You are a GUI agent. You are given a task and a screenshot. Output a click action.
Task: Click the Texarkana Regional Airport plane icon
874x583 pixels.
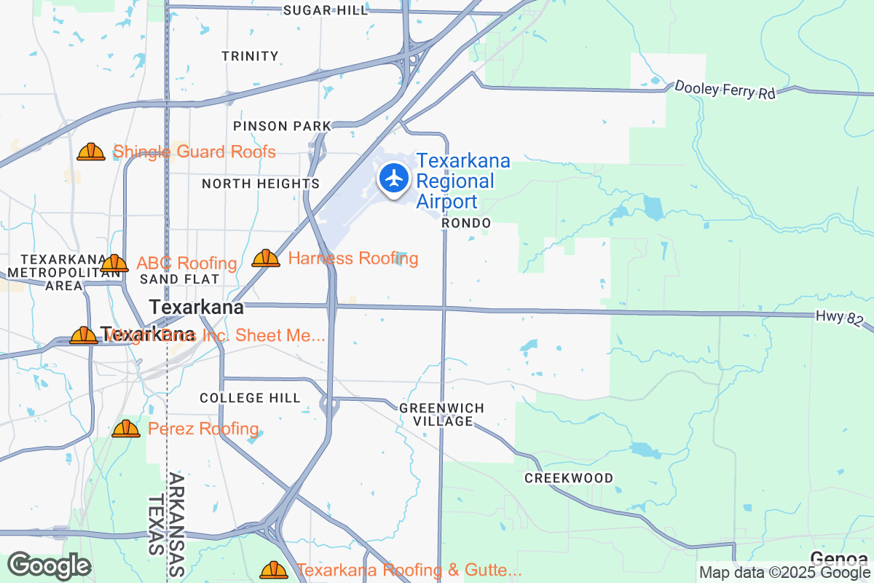point(394,177)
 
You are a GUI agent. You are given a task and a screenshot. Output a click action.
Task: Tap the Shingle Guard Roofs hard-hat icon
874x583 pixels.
point(91,152)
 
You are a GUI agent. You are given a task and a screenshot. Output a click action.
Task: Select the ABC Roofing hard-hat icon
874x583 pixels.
point(114,263)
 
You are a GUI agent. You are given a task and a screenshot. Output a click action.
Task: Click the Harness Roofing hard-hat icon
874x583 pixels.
point(266,258)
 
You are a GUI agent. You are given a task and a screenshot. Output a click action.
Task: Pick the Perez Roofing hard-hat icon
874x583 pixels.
point(126,429)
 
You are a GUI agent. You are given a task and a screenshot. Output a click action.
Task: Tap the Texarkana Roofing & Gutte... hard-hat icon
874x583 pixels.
point(274,569)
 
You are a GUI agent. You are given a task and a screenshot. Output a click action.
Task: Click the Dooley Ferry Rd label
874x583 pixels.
point(725,90)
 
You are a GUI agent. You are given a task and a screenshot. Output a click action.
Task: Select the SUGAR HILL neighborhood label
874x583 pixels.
point(326,10)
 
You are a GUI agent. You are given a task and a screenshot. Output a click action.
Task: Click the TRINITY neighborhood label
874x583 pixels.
point(250,56)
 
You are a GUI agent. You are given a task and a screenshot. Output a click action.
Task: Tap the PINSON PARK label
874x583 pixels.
point(282,126)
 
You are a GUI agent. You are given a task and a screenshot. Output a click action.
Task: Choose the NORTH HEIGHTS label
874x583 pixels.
point(261,184)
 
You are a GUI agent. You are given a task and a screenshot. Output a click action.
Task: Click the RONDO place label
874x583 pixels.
point(466,223)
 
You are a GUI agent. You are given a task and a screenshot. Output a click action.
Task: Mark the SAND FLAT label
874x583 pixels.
point(180,279)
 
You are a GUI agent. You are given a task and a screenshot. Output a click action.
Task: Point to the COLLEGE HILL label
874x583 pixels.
point(250,398)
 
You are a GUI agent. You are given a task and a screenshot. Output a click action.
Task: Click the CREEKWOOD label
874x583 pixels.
point(569,478)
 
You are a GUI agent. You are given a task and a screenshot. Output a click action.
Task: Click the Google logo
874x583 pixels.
point(49,566)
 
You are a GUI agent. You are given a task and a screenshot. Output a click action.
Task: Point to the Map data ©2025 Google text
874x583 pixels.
point(784,572)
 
